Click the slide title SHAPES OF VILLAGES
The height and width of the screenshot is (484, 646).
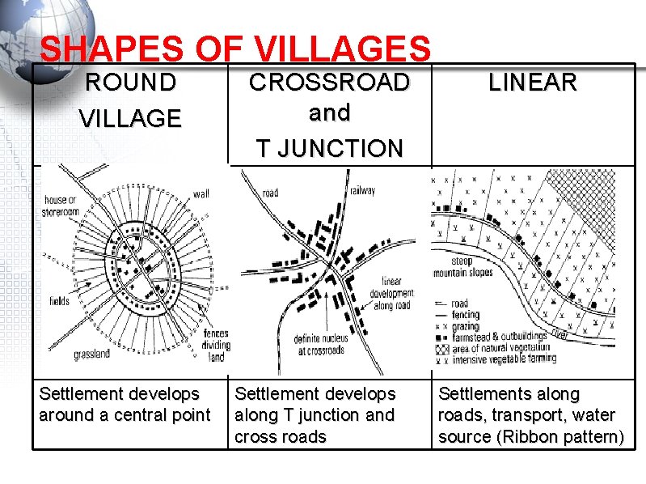point(234,49)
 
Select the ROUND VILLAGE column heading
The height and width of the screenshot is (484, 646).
point(130,100)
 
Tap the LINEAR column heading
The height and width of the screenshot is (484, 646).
point(533,83)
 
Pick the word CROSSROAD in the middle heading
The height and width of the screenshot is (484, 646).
point(329,83)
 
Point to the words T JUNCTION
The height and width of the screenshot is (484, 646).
point(329,149)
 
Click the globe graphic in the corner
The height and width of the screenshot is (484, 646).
point(40,28)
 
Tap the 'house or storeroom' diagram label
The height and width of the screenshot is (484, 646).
point(61,206)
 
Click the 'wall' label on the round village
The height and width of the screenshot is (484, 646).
point(201,194)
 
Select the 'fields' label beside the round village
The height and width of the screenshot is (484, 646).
point(58,301)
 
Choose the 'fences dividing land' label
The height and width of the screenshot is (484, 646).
point(216,345)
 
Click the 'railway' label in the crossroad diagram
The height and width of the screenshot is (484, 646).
point(362,190)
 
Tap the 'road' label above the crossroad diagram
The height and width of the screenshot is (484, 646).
point(270,193)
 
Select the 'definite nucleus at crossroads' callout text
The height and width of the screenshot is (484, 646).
point(321,344)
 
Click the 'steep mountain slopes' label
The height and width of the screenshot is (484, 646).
point(472,267)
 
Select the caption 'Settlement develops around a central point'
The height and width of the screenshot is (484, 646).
point(125,405)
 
